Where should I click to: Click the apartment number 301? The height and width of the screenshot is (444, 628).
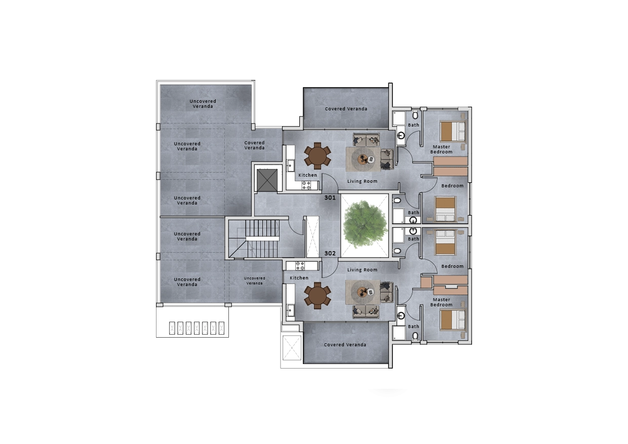330,197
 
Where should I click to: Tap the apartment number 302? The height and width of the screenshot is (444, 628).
330,254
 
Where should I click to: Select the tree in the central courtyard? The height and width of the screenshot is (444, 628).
365,224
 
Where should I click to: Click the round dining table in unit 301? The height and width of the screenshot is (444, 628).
318,156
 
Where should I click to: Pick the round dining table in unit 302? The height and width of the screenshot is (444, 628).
318,296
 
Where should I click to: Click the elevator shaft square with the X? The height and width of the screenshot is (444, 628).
267,180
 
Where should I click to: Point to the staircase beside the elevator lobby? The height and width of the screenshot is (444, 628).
254,238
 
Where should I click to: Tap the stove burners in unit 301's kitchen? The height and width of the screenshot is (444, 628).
306,185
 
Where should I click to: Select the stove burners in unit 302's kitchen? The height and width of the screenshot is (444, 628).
300,266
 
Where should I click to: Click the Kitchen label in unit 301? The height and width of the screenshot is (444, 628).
307,175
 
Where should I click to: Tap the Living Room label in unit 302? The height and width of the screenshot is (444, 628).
362,270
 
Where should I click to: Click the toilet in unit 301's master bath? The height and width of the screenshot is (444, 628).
415,115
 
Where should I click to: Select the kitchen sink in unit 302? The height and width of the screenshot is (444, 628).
290,310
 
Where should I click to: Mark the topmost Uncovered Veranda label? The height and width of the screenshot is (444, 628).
203,104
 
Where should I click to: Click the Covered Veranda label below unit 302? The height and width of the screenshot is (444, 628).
345,345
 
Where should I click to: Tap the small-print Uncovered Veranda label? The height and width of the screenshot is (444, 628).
254,280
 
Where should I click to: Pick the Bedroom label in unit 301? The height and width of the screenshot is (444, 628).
452,186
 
